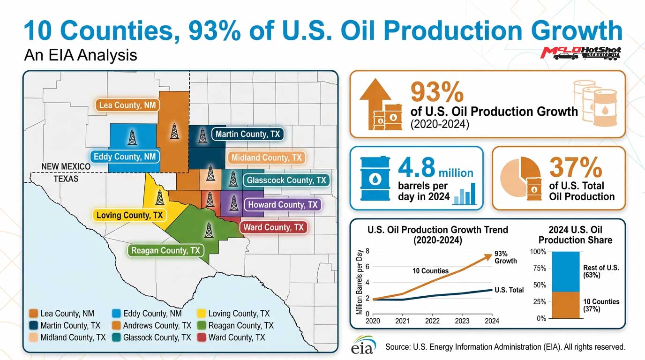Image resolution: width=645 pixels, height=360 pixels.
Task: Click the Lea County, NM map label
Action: coord(127,105)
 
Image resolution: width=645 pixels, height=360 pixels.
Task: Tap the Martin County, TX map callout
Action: coord(247,134)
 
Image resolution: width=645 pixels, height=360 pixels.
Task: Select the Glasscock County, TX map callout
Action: coord(286,180)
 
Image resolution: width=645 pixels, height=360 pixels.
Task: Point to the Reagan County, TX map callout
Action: coord(165,250)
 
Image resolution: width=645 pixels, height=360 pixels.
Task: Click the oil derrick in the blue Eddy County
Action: coord(132,137)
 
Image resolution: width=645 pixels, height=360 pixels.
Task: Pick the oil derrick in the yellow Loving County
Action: coord(160,197)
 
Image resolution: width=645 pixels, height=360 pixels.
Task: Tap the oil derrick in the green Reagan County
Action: coord(209,230)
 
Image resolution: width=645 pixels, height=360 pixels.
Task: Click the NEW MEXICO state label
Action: coord(66,166)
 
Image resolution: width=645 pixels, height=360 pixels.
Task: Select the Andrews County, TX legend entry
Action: coord(151,325)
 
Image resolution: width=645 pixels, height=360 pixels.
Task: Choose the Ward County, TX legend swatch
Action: coord(202,337)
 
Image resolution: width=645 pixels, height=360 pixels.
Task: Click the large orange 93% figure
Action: coord(437,92)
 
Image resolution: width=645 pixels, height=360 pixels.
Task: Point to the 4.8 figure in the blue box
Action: coord(416,167)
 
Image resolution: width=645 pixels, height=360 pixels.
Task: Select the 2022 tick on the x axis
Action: coord(432,321)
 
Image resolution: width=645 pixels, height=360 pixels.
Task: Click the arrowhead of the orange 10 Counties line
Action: coord(488,257)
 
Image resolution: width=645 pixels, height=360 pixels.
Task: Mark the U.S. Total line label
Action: coord(509,290)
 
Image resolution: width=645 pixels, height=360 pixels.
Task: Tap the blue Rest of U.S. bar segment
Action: coord(565,271)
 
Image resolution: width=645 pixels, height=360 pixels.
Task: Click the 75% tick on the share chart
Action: coord(540,269)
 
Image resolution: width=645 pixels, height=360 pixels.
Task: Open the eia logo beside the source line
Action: coord(363,345)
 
